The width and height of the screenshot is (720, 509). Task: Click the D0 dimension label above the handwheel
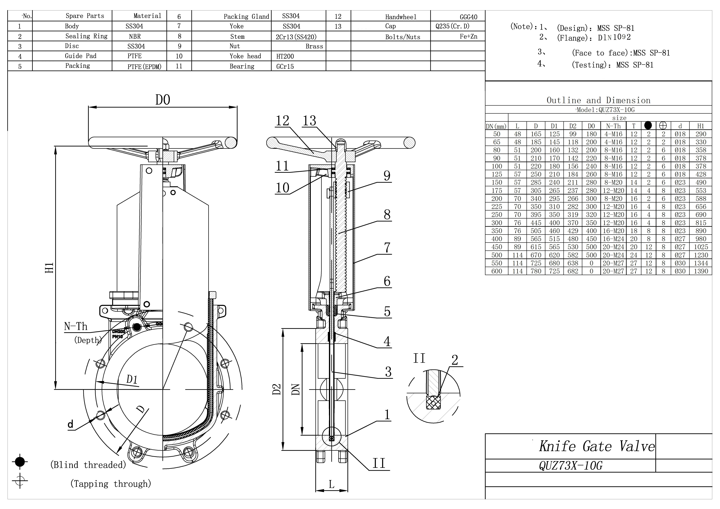(x=163, y=100)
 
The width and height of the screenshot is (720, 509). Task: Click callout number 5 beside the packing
(x=387, y=311)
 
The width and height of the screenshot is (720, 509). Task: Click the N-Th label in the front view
(x=76, y=327)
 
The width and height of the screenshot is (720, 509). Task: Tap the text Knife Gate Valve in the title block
(x=597, y=446)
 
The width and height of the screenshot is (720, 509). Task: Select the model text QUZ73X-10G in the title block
(x=571, y=466)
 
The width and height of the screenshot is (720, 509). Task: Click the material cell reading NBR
(x=135, y=36)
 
